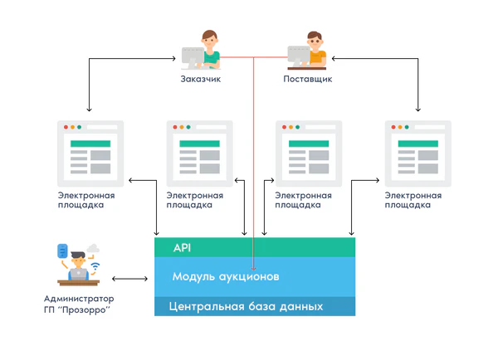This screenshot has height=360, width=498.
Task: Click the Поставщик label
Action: pyautogui.click(x=308, y=80)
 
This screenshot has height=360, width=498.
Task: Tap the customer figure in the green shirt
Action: pyautogui.click(x=208, y=50)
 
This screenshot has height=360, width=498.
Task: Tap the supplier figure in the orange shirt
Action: pyautogui.click(x=314, y=50)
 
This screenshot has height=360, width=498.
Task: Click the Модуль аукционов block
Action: pyautogui.click(x=255, y=275)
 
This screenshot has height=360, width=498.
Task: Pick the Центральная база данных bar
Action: pyautogui.click(x=255, y=306)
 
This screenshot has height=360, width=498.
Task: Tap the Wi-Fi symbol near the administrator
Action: pyautogui.click(x=95, y=266)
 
